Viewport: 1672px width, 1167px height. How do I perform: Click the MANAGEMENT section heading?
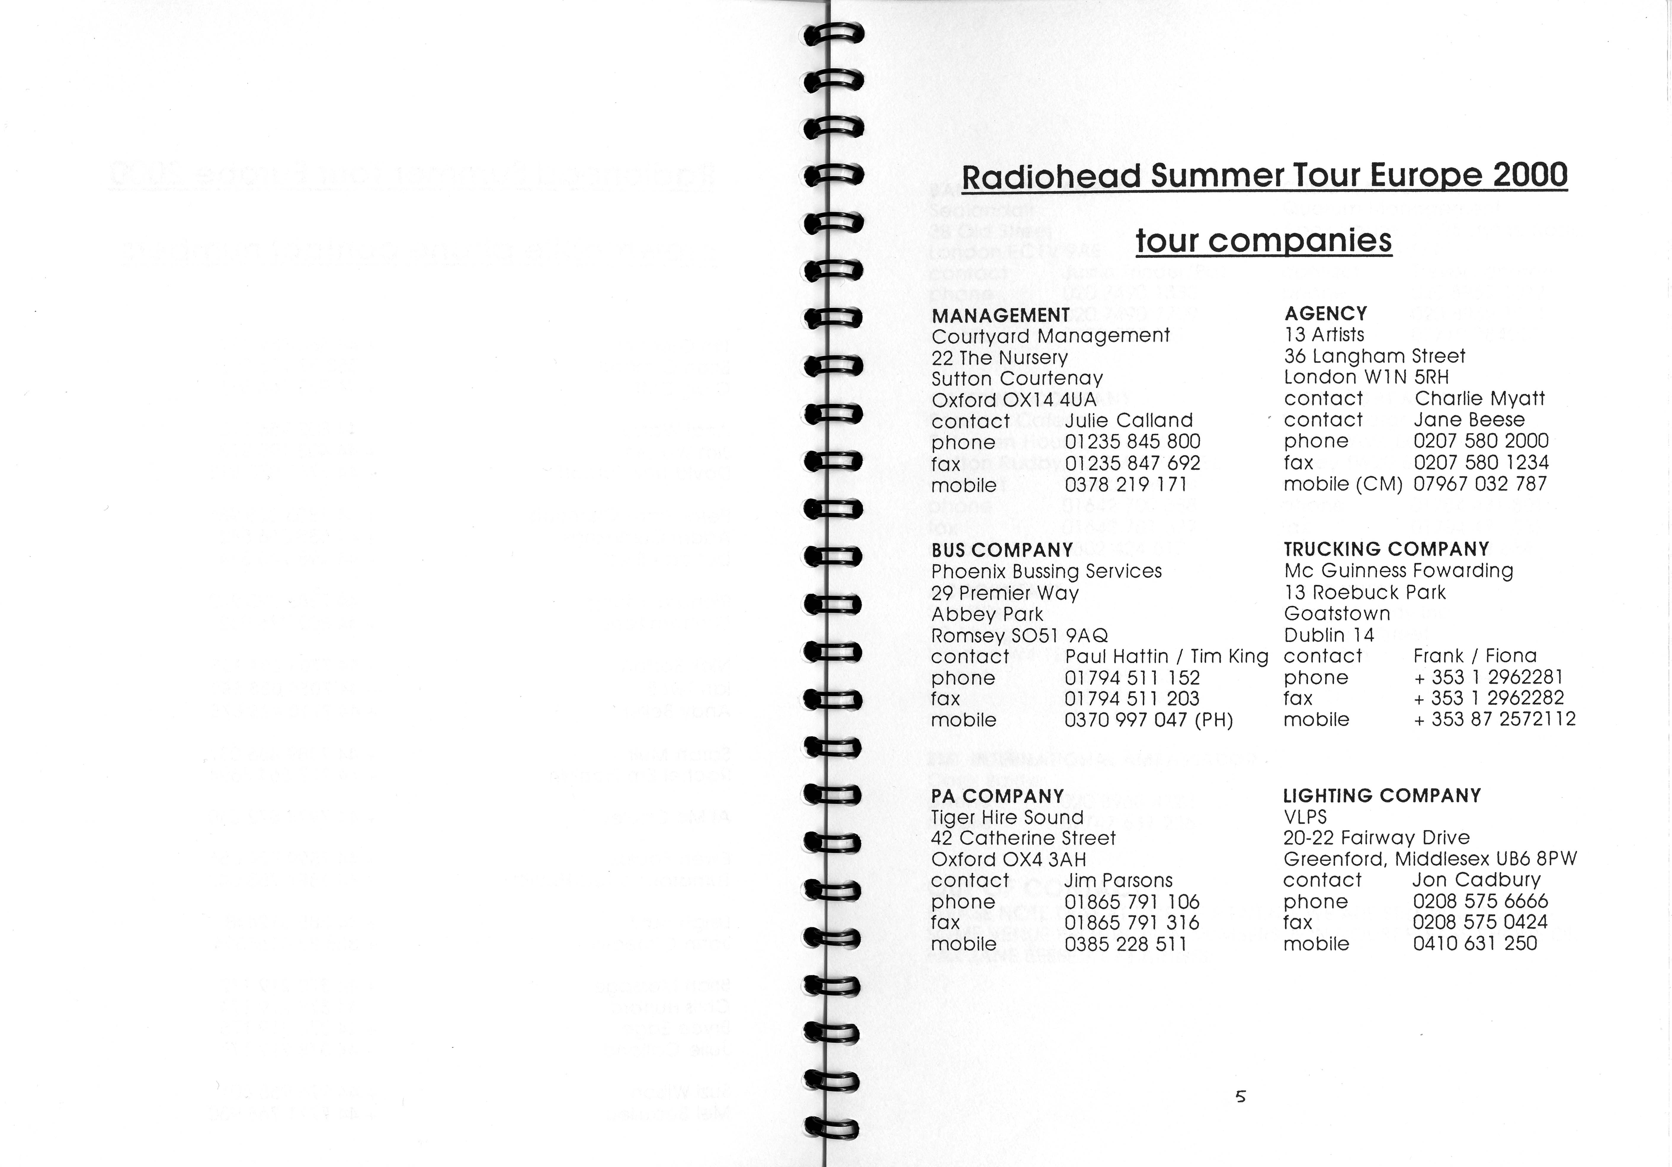[1001, 315]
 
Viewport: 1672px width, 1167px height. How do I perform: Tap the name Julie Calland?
[1129, 420]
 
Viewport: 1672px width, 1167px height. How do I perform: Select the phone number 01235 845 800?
[1132, 441]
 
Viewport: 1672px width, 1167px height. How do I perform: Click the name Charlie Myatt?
[1479, 398]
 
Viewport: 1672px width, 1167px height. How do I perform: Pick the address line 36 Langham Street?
[1374, 356]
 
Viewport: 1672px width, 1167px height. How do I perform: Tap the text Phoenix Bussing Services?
[1046, 571]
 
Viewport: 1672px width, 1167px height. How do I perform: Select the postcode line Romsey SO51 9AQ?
[1019, 635]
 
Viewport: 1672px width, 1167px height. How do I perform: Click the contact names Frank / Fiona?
[1475, 656]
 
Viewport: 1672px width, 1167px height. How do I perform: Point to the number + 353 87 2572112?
[1494, 719]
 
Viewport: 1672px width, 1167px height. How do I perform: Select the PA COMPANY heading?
[997, 796]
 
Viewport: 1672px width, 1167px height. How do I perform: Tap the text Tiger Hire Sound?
[1007, 817]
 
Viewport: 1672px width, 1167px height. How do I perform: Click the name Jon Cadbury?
[1477, 880]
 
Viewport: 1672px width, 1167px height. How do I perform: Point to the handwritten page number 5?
[1241, 1096]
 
